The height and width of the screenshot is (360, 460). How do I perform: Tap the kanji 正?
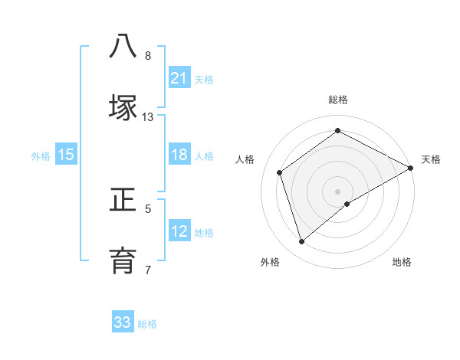pyautogui.click(x=123, y=201)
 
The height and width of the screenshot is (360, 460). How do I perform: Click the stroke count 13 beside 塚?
pyautogui.click(x=148, y=117)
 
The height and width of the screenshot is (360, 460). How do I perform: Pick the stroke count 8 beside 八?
pyautogui.click(x=148, y=55)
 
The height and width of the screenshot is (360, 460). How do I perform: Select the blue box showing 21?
pyautogui.click(x=179, y=77)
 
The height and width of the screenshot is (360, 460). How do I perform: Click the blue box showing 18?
pyautogui.click(x=179, y=155)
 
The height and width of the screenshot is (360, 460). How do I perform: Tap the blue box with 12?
pyautogui.click(x=179, y=231)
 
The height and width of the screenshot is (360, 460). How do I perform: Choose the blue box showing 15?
pyautogui.click(x=66, y=155)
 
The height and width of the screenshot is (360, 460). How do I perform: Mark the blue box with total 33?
pyautogui.click(x=123, y=322)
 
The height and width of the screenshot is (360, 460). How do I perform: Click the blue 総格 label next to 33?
pyautogui.click(x=148, y=324)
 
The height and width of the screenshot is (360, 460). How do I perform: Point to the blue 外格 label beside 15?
pyautogui.click(x=41, y=156)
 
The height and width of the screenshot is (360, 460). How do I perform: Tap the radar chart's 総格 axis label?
pyautogui.click(x=338, y=100)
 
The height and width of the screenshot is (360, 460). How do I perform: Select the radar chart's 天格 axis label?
pyautogui.click(x=431, y=159)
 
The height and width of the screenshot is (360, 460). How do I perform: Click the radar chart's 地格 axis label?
pyautogui.click(x=402, y=262)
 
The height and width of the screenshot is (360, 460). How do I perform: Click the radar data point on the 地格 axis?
pyautogui.click(x=347, y=204)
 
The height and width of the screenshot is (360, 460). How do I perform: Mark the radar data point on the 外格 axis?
pyautogui.click(x=301, y=242)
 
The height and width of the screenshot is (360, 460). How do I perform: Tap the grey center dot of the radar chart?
pyautogui.click(x=338, y=191)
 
